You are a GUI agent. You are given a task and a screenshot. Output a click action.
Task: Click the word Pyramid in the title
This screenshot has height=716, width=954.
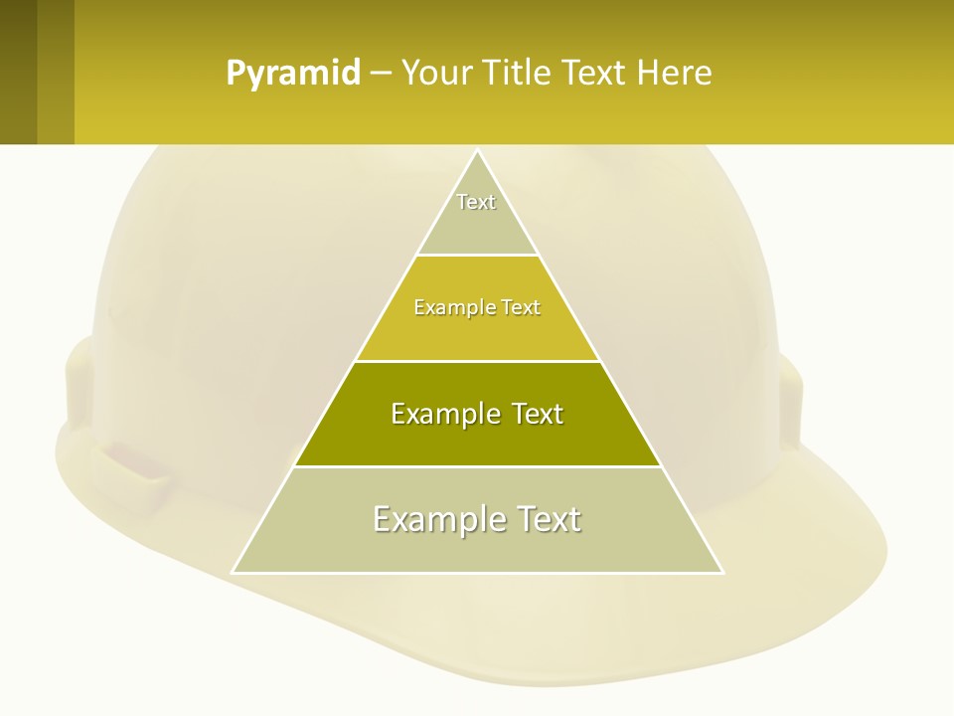[293, 74]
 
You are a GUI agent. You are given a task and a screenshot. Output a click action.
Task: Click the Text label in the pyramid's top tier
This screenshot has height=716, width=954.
[476, 202]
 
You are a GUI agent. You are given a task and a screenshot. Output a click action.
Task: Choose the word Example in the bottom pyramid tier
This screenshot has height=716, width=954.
[439, 519]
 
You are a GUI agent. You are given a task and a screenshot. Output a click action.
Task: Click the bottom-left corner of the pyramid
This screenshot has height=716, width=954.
[234, 572]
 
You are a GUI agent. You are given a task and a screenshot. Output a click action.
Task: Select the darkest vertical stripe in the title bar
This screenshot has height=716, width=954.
[18, 72]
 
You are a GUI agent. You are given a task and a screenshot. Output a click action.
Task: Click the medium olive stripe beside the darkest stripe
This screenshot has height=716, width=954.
[56, 72]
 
